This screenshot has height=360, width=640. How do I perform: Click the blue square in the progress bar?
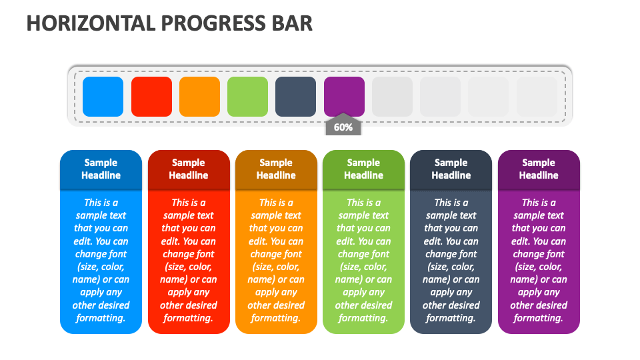click(103, 97)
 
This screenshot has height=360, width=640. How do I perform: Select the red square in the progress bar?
click(151, 97)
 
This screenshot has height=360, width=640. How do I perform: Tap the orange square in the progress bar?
click(199, 97)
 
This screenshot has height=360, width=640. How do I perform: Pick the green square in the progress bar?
click(247, 97)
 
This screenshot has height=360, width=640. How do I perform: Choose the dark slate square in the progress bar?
click(295, 97)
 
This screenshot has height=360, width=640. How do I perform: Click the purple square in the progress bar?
click(344, 97)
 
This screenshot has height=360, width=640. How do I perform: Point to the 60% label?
click(343, 127)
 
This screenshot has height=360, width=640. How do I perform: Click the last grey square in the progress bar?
click(537, 97)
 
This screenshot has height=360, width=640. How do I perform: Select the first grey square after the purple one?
click(392, 97)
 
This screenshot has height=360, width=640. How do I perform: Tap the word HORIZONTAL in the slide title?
click(92, 23)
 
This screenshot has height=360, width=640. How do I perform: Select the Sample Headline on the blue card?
click(101, 169)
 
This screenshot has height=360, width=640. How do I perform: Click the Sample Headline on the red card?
click(189, 169)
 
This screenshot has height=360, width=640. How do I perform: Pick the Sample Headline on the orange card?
click(276, 169)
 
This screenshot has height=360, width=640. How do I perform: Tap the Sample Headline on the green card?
click(363, 169)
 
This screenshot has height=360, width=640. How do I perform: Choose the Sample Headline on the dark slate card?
click(451, 169)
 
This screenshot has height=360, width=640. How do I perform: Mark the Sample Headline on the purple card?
click(539, 169)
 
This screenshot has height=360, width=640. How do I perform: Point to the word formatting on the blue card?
click(100, 318)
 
